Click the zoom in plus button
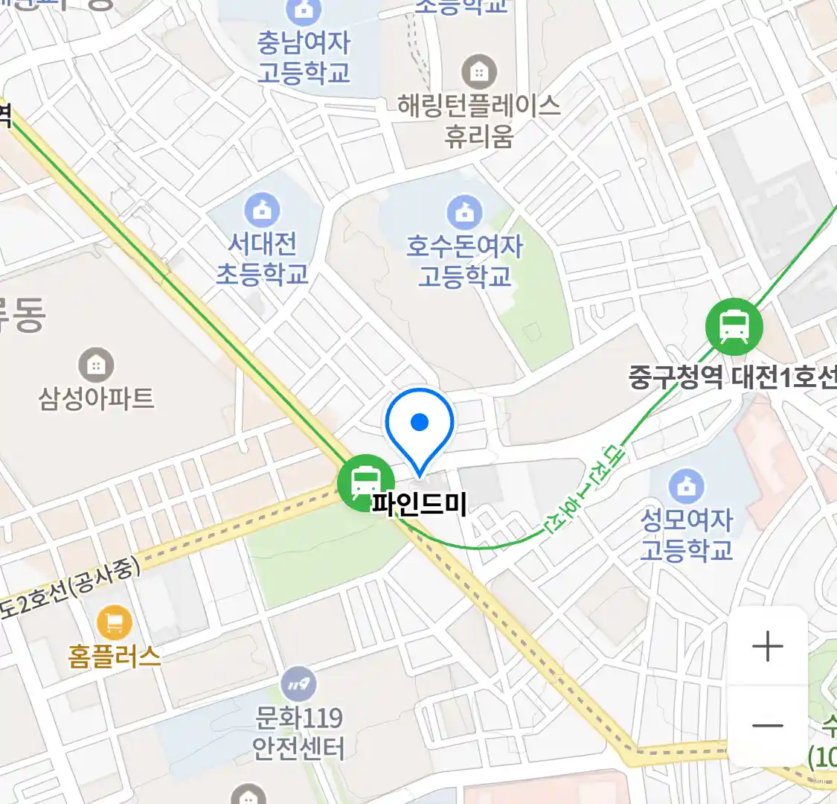click(x=767, y=646)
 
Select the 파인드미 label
click(x=420, y=505)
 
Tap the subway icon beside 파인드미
click(x=365, y=482)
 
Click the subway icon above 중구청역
click(x=734, y=325)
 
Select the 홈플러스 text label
click(x=115, y=656)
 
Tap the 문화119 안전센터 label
click(x=298, y=733)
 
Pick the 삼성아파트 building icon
click(x=96, y=365)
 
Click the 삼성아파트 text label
click(x=96, y=398)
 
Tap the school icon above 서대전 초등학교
click(x=262, y=211)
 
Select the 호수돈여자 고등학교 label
click(x=465, y=261)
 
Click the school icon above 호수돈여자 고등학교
click(x=465, y=212)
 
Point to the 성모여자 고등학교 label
click(x=687, y=535)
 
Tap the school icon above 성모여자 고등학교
click(x=687, y=486)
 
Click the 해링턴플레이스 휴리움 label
click(x=479, y=121)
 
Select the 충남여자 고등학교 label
click(x=304, y=57)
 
